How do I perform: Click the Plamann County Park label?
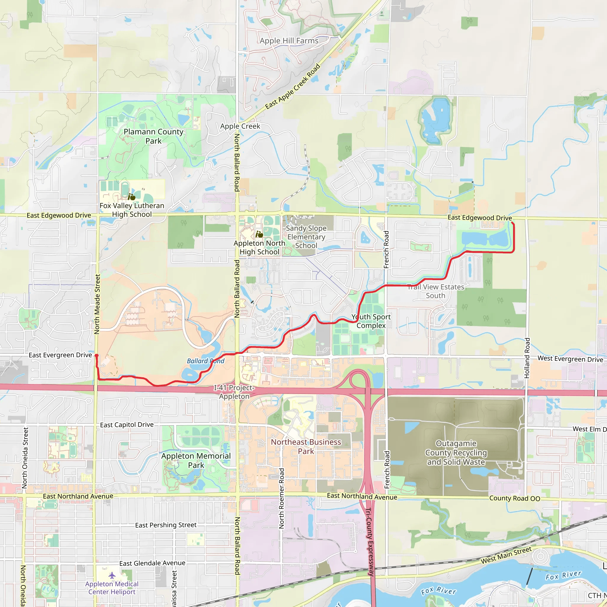tap(153, 136)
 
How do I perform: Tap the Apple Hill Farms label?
tap(289, 41)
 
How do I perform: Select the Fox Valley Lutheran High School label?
tap(132, 210)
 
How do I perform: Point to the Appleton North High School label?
tap(259, 247)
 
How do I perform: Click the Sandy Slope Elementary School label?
tap(306, 237)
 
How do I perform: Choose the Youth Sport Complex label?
tap(371, 321)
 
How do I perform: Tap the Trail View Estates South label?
tap(435, 291)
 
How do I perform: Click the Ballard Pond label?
tap(205, 361)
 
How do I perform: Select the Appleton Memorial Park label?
tap(196, 460)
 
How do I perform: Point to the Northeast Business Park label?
tap(306, 446)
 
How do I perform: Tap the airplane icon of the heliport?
tap(112, 575)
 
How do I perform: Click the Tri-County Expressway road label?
tap(370, 542)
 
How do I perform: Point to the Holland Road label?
tap(527, 358)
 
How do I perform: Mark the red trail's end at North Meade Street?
tap(96, 356)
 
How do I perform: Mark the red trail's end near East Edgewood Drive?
tap(512, 223)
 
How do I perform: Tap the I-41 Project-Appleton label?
tap(234, 392)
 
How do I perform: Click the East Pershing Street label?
tap(166, 525)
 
